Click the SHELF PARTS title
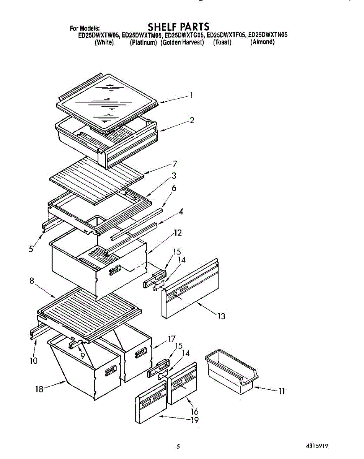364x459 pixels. pos(178,27)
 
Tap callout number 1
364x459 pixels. pos(191,96)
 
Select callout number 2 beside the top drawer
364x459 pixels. pos(192,120)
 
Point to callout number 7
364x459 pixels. pos(175,164)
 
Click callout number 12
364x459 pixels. pos(177,233)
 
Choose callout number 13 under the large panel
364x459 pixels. pos(221,316)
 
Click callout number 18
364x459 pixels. pos(39,389)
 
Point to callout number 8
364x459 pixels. pos(32,281)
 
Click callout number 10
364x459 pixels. pos(34,360)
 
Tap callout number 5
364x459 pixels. pos(31,249)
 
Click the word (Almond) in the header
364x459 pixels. pos(262,42)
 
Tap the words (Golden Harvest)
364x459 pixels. pos(182,42)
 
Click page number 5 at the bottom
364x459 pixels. pos(178,446)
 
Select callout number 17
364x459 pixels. pos(171,339)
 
